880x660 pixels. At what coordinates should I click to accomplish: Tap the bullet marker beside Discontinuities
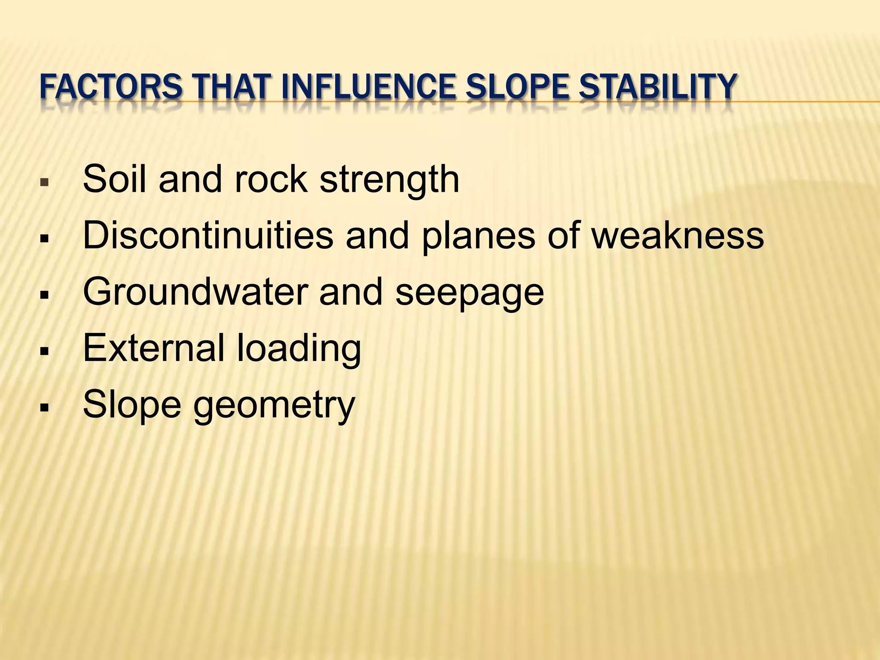pyautogui.click(x=43, y=238)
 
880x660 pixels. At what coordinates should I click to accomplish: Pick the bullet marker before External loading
pyautogui.click(x=43, y=351)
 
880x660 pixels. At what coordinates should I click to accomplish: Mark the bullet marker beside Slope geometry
pyautogui.click(x=43, y=407)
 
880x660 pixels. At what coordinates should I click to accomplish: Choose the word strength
pyautogui.click(x=389, y=180)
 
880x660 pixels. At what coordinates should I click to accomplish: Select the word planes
pyautogui.click(x=478, y=237)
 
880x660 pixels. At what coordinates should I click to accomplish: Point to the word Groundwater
pyautogui.click(x=195, y=292)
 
